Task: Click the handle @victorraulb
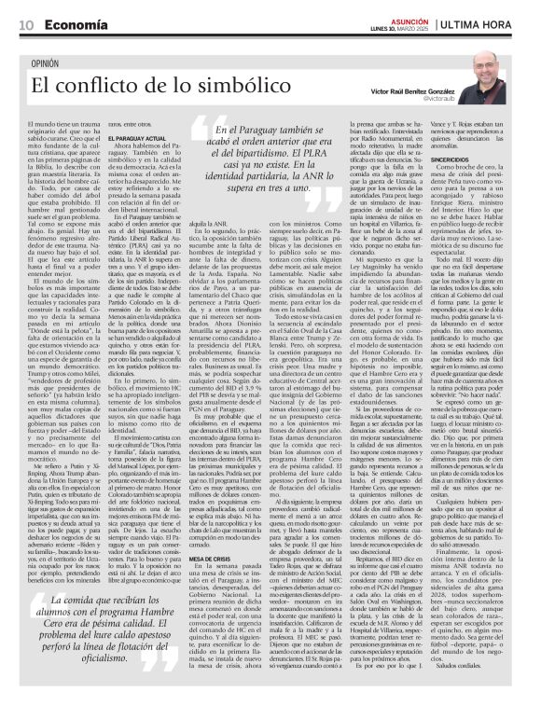438,97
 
